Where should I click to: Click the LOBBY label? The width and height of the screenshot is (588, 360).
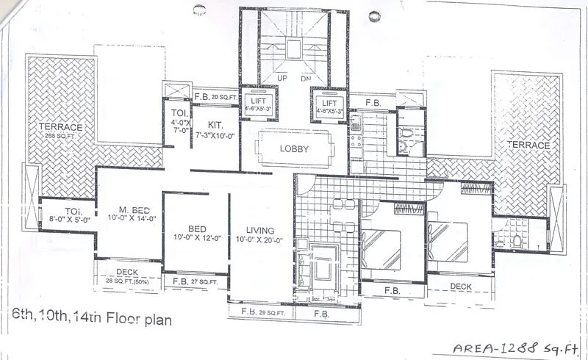[293, 149]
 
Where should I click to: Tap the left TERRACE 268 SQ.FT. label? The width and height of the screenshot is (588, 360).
[61, 131]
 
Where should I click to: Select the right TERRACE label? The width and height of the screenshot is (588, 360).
[529, 145]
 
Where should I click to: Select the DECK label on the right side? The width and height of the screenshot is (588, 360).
[460, 286]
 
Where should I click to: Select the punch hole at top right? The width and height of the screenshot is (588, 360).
[375, 13]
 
